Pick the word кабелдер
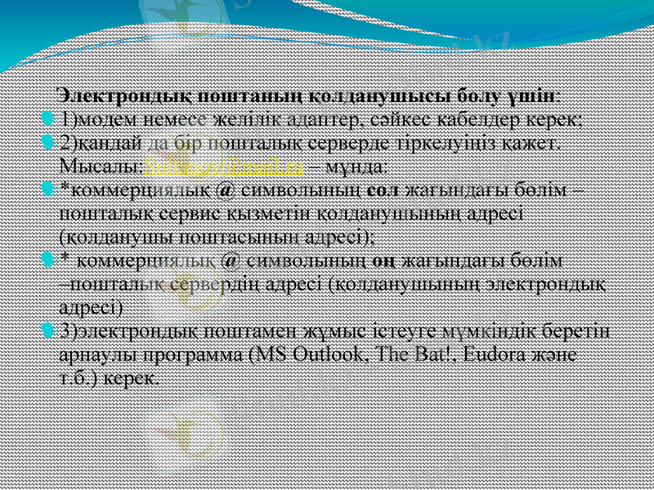point(505,120)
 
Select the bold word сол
point(383,191)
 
